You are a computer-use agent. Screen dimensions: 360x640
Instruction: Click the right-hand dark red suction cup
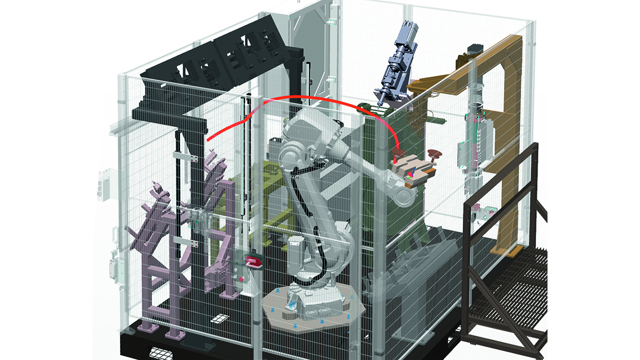[434, 154]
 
